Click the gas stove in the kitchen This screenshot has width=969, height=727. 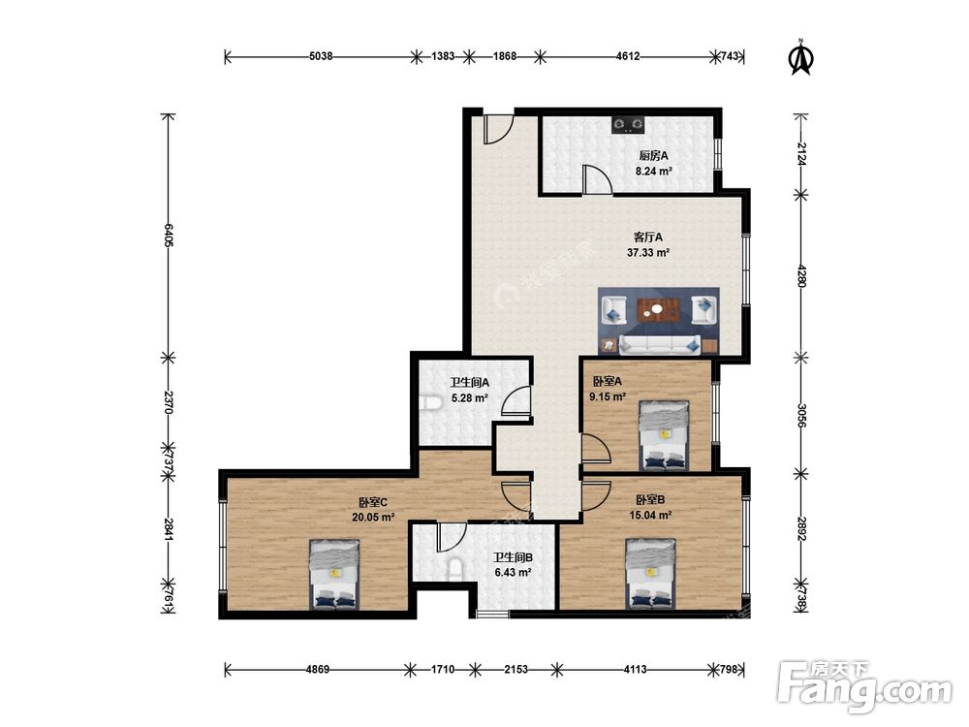point(629,125)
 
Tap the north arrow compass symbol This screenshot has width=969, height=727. point(801,57)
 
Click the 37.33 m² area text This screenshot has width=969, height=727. point(648,252)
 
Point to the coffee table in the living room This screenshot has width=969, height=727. point(659,310)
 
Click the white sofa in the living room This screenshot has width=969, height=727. point(660,344)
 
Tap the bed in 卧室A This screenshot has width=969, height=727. point(665,436)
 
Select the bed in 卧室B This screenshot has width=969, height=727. point(650,574)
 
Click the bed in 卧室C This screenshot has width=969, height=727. point(334,574)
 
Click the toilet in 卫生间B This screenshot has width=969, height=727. point(454,567)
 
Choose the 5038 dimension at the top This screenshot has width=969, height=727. point(321,56)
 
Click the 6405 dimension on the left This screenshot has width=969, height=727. point(168,235)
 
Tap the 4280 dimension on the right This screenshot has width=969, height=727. point(801,275)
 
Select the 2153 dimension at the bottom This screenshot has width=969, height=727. point(516,669)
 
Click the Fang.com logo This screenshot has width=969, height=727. point(864,687)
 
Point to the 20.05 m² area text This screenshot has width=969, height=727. point(373,518)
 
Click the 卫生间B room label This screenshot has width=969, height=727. point(513,557)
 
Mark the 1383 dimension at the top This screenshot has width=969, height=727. point(443,56)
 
